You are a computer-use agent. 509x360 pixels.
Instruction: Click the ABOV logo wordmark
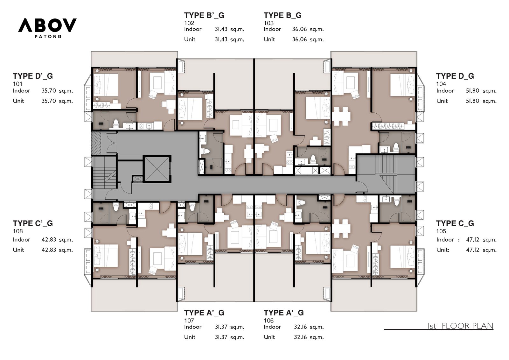(x=47, y=25)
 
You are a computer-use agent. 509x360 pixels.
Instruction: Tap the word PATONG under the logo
(x=48, y=36)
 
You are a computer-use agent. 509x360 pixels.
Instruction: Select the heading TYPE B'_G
(x=204, y=15)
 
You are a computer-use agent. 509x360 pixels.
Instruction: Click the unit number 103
(x=268, y=23)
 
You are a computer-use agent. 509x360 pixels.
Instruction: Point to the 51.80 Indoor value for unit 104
(x=472, y=90)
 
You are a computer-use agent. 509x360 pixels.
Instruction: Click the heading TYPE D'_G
(x=33, y=76)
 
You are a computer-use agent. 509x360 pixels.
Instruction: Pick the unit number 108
(x=18, y=231)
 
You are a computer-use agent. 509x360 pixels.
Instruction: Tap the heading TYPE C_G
(x=455, y=223)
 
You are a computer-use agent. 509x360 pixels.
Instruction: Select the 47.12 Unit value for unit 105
(x=473, y=250)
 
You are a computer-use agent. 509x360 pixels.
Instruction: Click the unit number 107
(x=189, y=321)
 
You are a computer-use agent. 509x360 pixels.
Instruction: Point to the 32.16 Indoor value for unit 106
(x=301, y=327)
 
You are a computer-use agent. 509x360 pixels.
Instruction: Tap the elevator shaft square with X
(x=157, y=169)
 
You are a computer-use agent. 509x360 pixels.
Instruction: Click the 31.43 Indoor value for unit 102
(x=221, y=29)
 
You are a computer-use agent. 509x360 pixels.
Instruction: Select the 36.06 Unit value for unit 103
(x=299, y=39)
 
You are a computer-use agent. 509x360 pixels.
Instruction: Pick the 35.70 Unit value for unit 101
(x=49, y=101)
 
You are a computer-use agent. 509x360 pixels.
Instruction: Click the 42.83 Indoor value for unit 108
(x=49, y=240)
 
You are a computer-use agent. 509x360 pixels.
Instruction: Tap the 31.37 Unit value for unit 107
(x=221, y=337)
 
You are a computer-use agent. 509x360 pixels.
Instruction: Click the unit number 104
(x=441, y=84)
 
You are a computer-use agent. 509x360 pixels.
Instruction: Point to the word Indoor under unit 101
(x=22, y=90)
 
